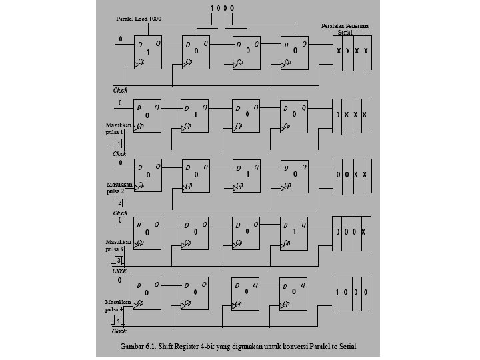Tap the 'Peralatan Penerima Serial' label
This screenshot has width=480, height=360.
345,29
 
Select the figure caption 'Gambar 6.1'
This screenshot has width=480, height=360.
239,346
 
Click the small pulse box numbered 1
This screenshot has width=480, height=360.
119,143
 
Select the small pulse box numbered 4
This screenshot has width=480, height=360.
119,321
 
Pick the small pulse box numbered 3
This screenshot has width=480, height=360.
119,260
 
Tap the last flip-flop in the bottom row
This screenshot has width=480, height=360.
294,292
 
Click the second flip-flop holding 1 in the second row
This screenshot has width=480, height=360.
195,115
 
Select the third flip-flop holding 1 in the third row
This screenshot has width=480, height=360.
246,175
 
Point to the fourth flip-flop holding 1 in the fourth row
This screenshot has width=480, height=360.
294,233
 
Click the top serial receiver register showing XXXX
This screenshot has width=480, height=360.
352,51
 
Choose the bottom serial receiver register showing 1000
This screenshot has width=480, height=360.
352,293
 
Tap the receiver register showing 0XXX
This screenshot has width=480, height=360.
352,115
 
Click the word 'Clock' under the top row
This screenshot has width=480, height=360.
120,89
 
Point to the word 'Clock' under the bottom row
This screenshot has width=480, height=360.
119,331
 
